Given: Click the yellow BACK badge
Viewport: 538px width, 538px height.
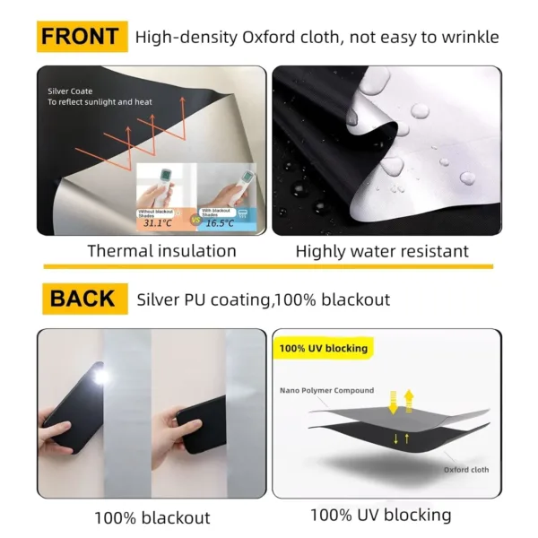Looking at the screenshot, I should (x=81, y=299).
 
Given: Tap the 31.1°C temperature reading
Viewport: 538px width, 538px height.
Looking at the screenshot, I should (x=158, y=222).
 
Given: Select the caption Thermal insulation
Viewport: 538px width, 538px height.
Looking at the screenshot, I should (x=161, y=251).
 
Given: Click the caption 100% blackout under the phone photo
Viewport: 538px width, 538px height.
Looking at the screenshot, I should (x=152, y=517).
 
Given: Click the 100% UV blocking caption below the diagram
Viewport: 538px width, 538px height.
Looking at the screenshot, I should (x=380, y=515).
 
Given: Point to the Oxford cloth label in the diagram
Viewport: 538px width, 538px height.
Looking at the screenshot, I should (x=466, y=469).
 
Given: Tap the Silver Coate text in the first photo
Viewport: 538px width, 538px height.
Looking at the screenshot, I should (x=69, y=91).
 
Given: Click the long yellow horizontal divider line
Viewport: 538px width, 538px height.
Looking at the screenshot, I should (x=268, y=267).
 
